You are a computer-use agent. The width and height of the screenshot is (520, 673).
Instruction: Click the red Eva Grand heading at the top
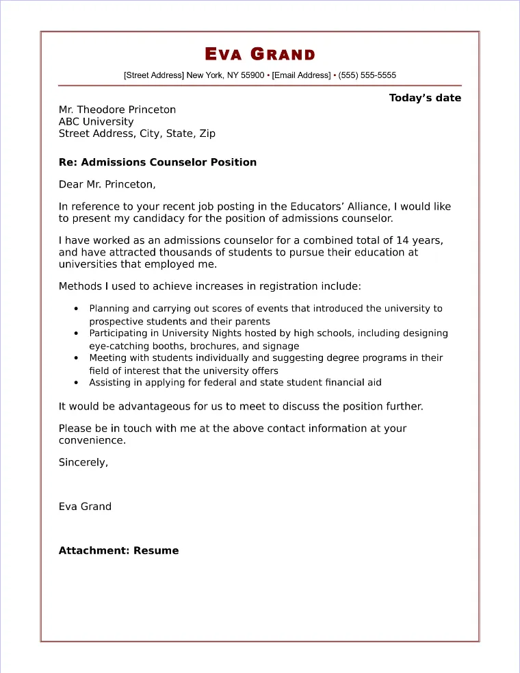click(260, 55)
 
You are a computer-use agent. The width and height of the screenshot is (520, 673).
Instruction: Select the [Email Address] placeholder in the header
click(301, 75)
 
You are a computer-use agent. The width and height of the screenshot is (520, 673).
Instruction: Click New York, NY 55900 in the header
click(225, 75)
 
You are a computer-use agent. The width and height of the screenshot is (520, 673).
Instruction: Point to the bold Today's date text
click(425, 98)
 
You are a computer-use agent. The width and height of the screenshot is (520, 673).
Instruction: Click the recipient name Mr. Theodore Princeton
click(117, 110)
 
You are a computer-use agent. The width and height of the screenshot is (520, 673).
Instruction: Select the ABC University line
click(96, 122)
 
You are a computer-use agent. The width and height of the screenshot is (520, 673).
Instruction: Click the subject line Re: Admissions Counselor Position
click(157, 162)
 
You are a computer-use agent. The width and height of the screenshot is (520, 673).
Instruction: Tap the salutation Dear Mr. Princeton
click(107, 184)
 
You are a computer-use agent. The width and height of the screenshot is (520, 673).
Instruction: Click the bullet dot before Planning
click(75, 309)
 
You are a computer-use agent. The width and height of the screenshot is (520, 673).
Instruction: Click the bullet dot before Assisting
click(75, 383)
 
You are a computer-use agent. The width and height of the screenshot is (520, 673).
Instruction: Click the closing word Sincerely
click(83, 462)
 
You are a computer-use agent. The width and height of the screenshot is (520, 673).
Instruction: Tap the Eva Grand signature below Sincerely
click(85, 507)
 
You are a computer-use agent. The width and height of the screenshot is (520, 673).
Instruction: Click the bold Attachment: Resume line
click(118, 550)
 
